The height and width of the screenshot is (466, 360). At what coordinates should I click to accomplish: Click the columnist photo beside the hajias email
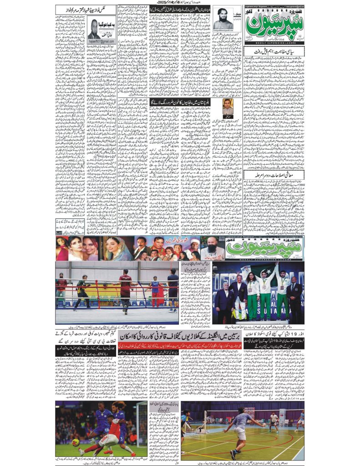tap(95, 29)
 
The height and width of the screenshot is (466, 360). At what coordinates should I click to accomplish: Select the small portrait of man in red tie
tap(228, 106)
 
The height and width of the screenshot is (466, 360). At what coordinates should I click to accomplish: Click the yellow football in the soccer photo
tap(75, 442)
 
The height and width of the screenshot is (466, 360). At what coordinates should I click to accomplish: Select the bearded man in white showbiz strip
tap(213, 248)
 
